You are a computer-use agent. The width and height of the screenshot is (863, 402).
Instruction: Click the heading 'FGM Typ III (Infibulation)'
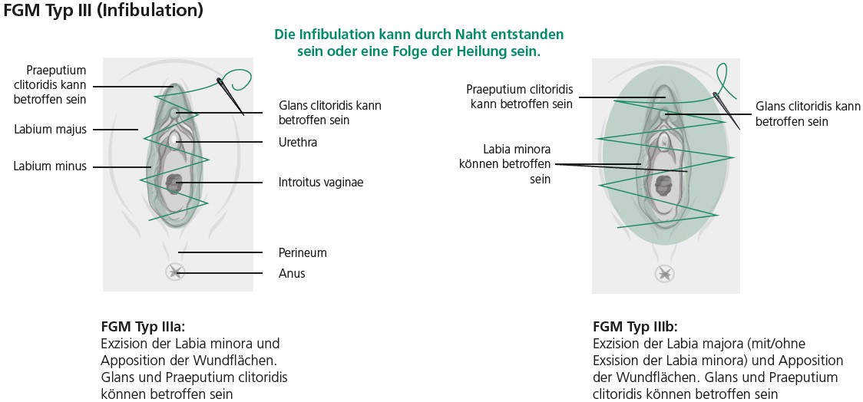103,10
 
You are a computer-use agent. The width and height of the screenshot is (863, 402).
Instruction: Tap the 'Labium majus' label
50,130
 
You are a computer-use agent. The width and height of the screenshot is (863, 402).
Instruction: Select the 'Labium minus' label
50,166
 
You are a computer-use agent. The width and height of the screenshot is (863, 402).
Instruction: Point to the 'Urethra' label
298,143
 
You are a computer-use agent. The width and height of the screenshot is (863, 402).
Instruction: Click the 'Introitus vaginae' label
321,182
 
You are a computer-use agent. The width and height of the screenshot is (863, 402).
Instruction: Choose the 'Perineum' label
303,253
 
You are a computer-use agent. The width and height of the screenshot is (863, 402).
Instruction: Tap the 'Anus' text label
292,273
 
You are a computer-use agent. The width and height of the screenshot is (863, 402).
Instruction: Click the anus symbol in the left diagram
176,272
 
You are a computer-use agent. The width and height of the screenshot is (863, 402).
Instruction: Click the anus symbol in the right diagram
665,274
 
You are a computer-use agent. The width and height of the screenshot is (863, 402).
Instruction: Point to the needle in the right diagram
726,110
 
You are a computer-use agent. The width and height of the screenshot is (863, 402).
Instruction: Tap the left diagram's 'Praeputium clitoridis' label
56,85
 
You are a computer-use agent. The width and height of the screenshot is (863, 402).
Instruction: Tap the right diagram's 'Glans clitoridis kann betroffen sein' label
808,114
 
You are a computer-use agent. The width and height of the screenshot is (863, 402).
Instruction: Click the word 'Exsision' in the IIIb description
615,361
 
